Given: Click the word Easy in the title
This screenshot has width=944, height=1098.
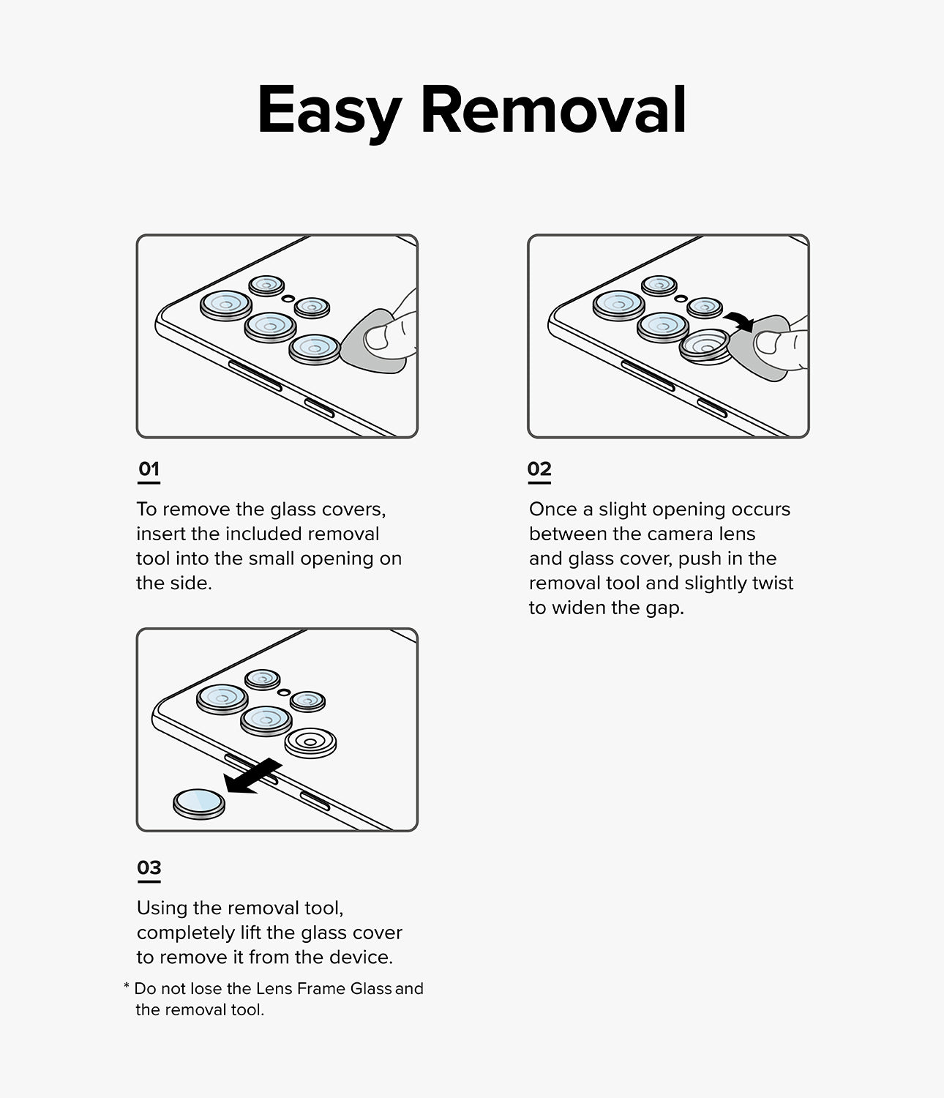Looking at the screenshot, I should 329,111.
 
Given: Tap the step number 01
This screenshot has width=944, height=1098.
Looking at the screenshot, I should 149,468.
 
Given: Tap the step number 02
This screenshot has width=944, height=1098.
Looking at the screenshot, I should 539,468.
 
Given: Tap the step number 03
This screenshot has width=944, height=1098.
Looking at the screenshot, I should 149,867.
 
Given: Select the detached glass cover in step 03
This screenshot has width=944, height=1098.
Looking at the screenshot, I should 199,804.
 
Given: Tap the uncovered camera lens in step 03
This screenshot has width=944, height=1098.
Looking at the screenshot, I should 310,742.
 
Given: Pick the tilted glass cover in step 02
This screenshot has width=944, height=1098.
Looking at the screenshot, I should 705,346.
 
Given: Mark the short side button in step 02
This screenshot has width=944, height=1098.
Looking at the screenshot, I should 711,408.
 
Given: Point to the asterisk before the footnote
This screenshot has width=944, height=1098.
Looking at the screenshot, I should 127,987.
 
